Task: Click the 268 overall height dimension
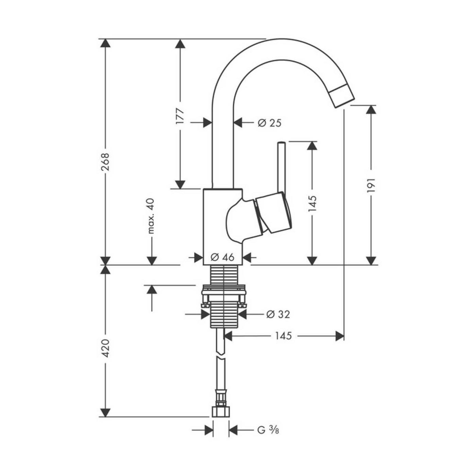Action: (106, 161)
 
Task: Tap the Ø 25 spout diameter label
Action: (270, 123)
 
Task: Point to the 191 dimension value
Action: (371, 185)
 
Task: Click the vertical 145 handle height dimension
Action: (312, 203)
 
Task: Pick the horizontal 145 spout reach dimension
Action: (283, 336)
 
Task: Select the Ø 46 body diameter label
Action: (223, 257)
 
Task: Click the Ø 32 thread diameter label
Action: (278, 314)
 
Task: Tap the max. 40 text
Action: (151, 216)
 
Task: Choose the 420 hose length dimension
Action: (106, 347)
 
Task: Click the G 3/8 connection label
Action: (268, 430)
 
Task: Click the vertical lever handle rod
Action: (281, 167)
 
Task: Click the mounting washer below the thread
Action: (223, 291)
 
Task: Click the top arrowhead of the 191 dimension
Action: (371, 110)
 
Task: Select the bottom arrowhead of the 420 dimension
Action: (106, 412)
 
